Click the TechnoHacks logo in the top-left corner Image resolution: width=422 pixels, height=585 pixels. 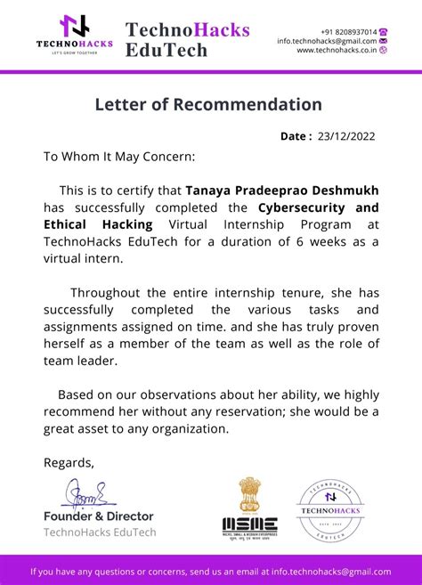click(75, 34)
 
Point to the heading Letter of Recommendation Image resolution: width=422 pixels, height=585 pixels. click(208, 104)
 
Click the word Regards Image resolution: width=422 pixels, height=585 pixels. click(69, 462)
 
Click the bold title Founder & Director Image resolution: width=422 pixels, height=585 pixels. click(99, 516)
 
